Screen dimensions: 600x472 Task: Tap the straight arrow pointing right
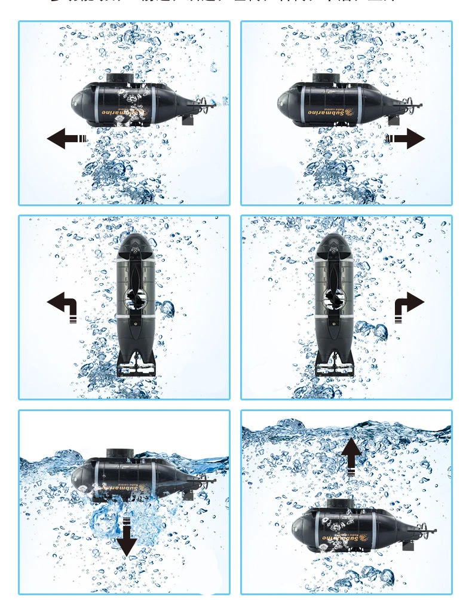tap(407, 139)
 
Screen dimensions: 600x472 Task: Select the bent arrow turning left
tap(63, 305)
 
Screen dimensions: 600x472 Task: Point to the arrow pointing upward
tap(351, 454)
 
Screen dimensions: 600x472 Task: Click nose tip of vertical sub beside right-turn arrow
tap(332, 237)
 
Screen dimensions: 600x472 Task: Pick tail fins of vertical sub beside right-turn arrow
tap(334, 362)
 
